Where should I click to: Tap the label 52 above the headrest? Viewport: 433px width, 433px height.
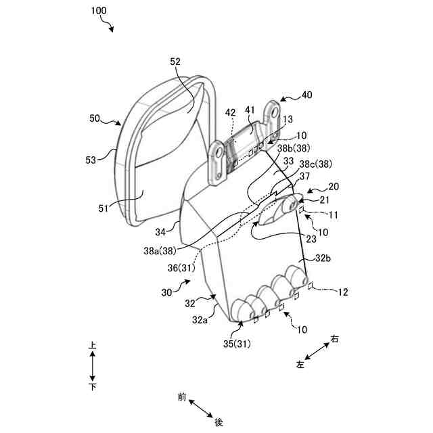click(x=175, y=62)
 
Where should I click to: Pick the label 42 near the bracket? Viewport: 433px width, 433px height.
click(x=231, y=113)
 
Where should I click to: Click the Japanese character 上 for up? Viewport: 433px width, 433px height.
click(x=93, y=345)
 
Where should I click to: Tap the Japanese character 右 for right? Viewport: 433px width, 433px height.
click(x=334, y=339)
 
